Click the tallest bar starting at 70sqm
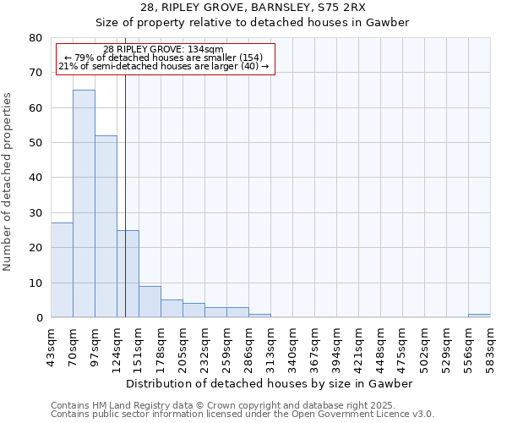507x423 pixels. click(84, 203)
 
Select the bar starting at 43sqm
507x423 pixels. click(62, 270)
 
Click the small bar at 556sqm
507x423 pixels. click(479, 316)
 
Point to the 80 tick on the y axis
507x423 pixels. click(35, 38)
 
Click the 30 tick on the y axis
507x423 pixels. click(35, 213)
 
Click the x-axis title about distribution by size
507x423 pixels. click(270, 383)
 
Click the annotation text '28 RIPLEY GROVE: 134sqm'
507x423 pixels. click(163, 49)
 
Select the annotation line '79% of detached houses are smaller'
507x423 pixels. click(163, 58)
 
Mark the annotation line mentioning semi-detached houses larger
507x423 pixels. click(163, 66)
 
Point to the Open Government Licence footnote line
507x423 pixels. click(243, 415)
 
